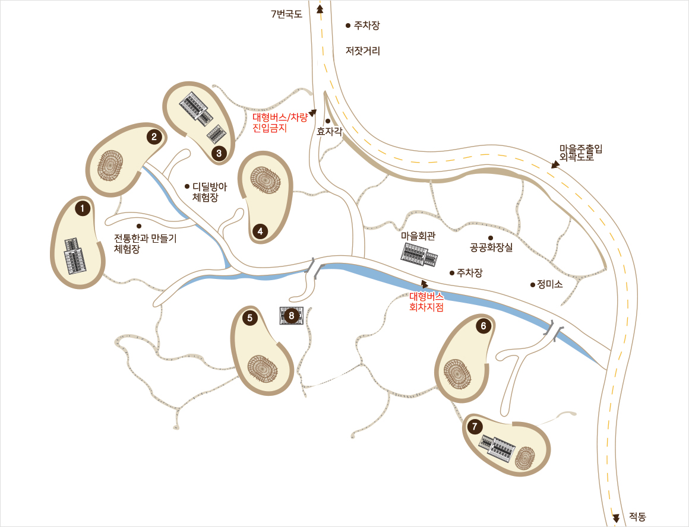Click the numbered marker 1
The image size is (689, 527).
[83, 208]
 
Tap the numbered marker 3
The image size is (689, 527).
[219, 154]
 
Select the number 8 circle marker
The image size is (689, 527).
[291, 316]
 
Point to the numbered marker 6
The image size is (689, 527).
[483, 325]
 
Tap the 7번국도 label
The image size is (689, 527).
[286, 14]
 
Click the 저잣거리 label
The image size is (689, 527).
[362, 51]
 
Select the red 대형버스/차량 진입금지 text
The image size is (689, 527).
[280, 122]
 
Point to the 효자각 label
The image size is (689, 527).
[329, 132]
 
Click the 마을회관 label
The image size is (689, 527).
[418, 236]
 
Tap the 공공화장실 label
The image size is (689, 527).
[491, 247]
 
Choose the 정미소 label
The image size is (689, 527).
[549, 284]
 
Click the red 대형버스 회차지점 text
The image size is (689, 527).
[426, 301]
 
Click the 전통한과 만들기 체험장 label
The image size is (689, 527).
[145, 243]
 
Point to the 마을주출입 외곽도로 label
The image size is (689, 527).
[580, 153]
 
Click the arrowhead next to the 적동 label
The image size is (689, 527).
[616, 518]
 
